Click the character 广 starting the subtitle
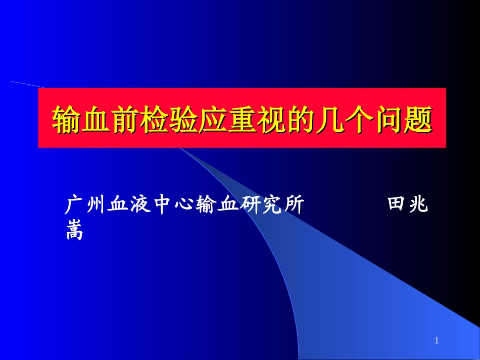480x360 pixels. pos(74,205)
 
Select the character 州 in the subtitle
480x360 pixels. pos(95,205)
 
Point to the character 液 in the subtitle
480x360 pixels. pos(139,205)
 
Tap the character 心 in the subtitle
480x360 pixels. pos(183,205)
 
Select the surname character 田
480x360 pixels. pos(397,205)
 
